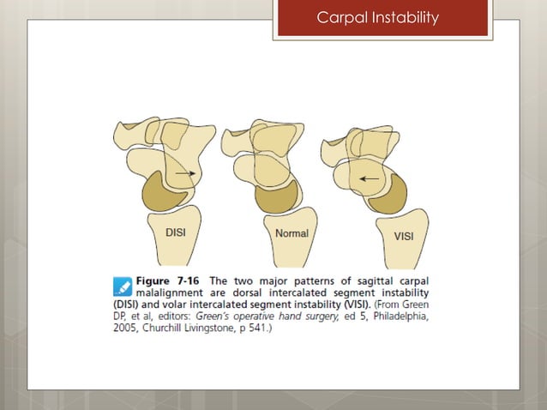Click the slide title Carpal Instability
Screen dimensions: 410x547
point(378,17)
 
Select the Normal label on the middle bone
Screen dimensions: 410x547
point(292,233)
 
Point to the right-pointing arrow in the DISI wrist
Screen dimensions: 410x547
point(183,173)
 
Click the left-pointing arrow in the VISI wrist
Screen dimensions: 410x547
point(369,178)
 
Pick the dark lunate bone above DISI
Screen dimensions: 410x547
point(163,190)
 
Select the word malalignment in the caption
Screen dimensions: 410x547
point(171,292)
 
